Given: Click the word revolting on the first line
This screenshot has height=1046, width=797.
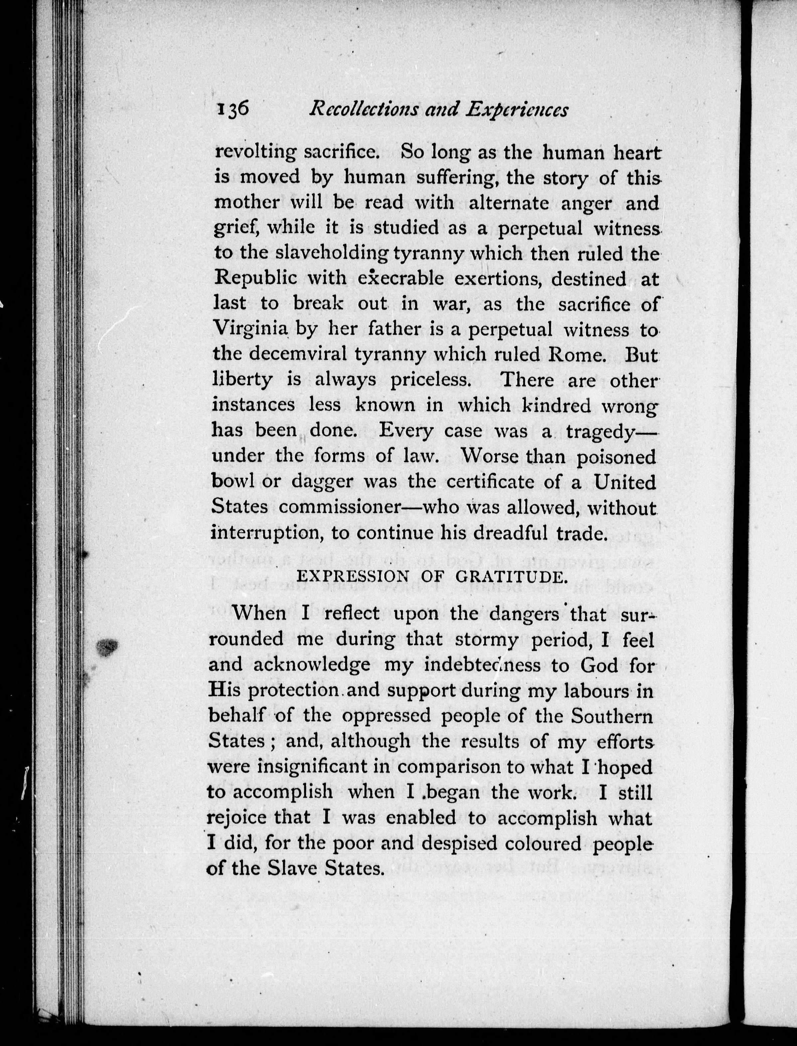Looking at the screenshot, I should [x=254, y=153].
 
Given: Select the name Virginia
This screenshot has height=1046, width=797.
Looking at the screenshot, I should [x=250, y=328].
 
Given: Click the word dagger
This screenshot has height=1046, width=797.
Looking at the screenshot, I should [x=323, y=482].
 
